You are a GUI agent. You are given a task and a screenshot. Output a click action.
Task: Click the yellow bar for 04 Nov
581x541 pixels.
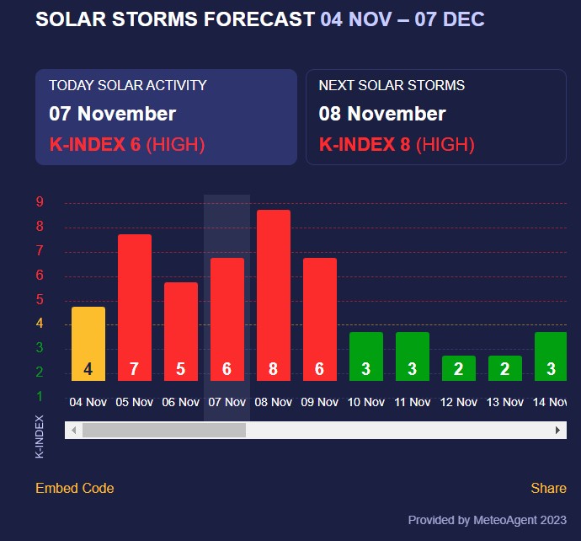click(x=88, y=344)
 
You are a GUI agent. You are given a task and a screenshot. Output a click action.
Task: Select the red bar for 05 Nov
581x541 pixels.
click(x=135, y=308)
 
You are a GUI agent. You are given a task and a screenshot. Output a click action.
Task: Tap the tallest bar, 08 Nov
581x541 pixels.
click(x=274, y=295)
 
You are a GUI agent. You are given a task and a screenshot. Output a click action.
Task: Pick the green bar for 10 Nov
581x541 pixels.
click(x=366, y=356)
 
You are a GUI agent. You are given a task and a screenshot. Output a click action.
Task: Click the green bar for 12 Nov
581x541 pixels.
click(x=459, y=368)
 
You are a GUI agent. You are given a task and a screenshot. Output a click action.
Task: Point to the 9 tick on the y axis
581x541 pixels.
click(x=40, y=201)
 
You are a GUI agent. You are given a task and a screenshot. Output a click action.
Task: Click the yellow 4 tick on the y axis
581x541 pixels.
click(x=40, y=324)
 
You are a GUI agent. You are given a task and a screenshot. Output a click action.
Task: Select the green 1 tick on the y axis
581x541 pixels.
click(x=40, y=396)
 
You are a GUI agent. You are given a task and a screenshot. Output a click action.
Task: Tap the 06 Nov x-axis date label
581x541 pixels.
click(x=181, y=402)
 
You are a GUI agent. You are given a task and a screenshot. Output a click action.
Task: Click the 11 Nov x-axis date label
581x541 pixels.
click(x=413, y=402)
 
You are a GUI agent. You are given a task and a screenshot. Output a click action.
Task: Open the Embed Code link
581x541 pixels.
click(x=74, y=488)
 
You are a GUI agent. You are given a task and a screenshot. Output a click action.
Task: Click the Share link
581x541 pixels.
click(x=548, y=488)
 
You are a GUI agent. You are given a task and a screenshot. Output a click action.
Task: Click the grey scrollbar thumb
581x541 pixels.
click(x=163, y=430)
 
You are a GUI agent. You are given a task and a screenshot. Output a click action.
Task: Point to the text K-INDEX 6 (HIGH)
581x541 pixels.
click(x=126, y=144)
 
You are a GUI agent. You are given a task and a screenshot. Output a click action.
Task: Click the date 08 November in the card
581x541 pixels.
click(x=382, y=114)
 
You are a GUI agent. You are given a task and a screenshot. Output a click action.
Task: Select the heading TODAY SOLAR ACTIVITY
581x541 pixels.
click(x=127, y=85)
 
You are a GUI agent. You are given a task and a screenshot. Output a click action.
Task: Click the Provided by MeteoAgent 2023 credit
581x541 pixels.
click(x=487, y=520)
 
